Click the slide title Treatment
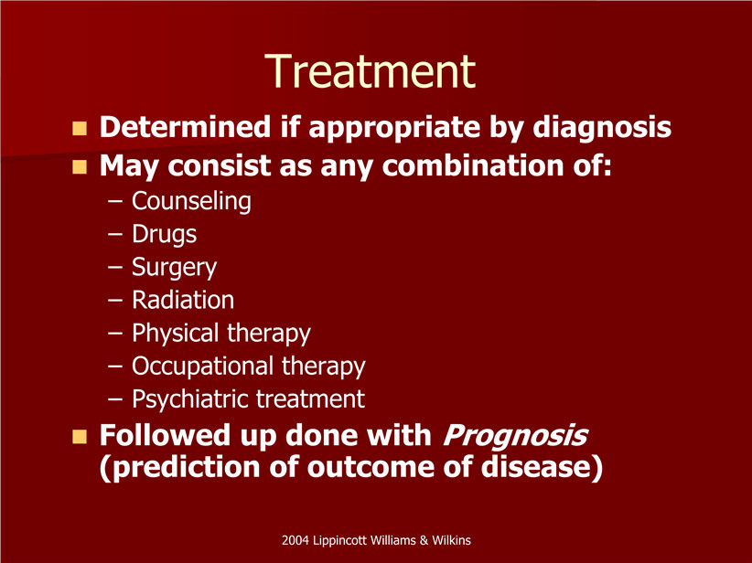point(370,71)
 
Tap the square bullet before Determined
point(80,129)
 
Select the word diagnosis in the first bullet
point(602,127)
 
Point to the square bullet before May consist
point(80,166)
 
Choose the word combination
point(473,165)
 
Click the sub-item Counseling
point(191,201)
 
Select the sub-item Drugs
point(164,234)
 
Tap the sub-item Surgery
point(174,268)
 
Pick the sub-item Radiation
point(183,300)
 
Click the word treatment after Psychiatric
point(310,399)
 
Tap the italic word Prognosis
point(515,436)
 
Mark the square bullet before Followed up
point(80,437)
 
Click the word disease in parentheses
point(542,467)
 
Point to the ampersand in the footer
point(424,540)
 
